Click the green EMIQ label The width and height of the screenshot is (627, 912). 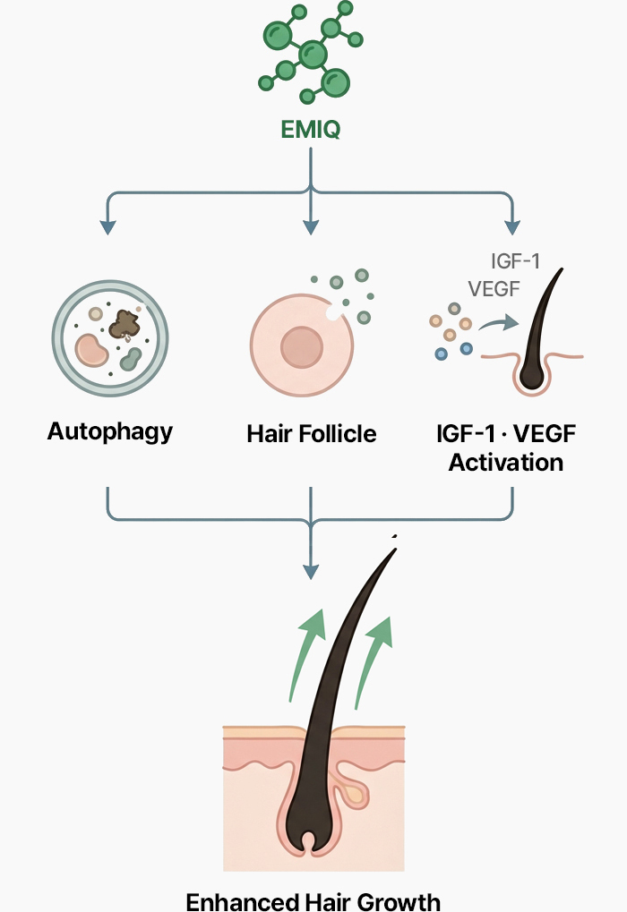310,132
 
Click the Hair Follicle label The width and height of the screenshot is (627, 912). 312,434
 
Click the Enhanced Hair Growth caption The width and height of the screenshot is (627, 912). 313,899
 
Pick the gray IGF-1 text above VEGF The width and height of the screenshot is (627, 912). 517,261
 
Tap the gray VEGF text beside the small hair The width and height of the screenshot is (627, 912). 494,288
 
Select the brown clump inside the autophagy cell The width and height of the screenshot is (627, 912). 125,325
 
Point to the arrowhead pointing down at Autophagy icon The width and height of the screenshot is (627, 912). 107,227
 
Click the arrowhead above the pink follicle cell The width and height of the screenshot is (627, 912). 310,227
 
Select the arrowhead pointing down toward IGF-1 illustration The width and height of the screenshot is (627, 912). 513,227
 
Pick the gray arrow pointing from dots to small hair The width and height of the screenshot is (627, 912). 498,323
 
